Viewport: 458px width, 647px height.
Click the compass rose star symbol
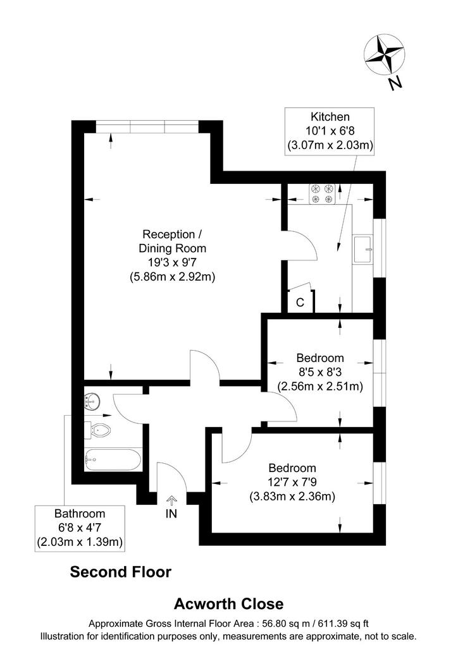pos(384,55)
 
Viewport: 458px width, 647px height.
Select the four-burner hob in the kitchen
pos(322,194)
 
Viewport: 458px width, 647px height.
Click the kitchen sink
pos(363,250)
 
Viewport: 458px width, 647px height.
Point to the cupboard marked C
pos(300,300)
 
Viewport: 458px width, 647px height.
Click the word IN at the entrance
pos(171,514)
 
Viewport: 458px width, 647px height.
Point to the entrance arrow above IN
pos(171,500)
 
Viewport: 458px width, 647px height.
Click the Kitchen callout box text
pos(330,131)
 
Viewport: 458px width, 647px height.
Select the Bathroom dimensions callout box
pos(80,528)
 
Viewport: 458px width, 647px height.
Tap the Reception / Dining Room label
pos(172,241)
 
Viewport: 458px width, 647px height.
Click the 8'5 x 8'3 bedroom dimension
pos(320,372)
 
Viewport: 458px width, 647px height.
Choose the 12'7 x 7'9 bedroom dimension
pos(292,482)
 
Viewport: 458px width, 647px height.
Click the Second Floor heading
pos(121,572)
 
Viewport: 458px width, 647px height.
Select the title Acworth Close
pos(229,604)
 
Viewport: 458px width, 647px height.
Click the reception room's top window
pos(147,126)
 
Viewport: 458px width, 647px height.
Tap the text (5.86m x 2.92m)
pos(173,277)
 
